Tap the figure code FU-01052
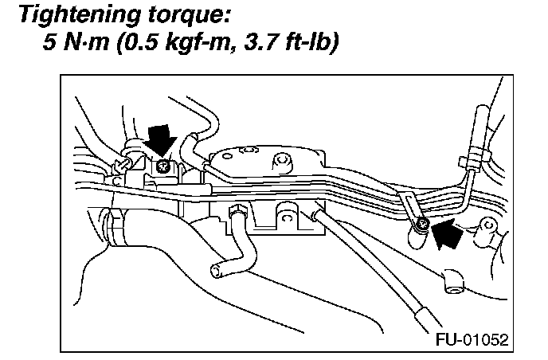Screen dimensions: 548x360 [x=472, y=338]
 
